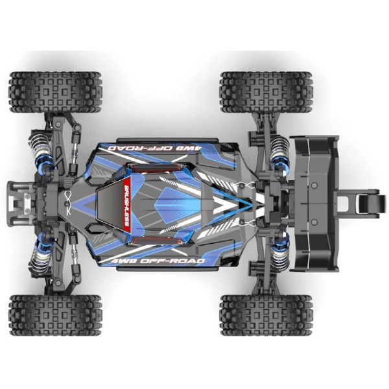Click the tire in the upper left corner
pyautogui.click(x=55, y=92)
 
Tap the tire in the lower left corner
pyautogui.click(x=55, y=315)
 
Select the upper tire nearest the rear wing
pyautogui.click(x=266, y=92)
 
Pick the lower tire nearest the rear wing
pyautogui.click(x=266, y=315)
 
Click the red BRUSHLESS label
pyautogui.click(x=127, y=205)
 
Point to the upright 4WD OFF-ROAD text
pyautogui.click(x=158, y=261)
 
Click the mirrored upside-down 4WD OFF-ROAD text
pyautogui.click(x=156, y=148)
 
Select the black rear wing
pyautogui.click(x=314, y=204)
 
